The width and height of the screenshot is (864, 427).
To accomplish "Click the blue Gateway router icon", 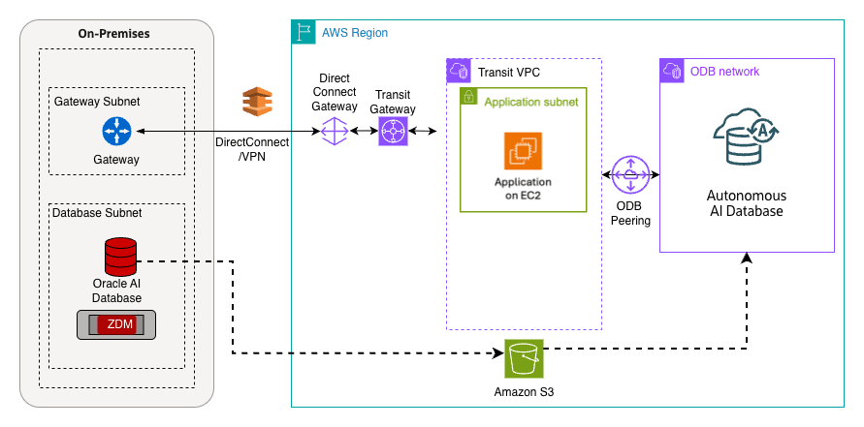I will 115,131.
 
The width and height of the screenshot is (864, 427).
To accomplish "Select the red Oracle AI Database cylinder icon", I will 120,258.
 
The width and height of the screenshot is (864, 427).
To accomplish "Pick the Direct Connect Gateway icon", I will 335,131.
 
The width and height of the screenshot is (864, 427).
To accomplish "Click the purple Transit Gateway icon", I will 393,131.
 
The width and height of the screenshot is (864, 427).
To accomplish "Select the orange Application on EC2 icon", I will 523,152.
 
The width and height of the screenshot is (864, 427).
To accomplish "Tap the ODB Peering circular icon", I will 631,174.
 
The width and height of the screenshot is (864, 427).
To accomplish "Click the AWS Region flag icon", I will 304,33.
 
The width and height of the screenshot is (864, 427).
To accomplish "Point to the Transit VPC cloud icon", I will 459,71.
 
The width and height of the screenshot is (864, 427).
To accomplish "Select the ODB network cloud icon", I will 672,71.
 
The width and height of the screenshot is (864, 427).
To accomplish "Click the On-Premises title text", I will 113,34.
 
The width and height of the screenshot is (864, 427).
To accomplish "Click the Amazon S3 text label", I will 524,391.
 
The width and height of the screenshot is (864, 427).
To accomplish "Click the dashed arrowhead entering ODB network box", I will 747,259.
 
